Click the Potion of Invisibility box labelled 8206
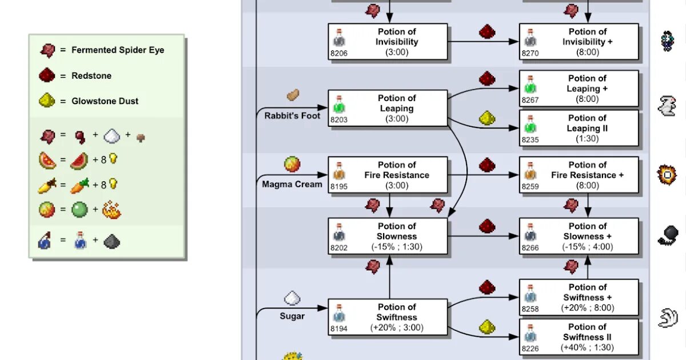coord(388,42)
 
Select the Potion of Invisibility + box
coord(579,42)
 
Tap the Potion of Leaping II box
coord(579,129)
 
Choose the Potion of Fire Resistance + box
coord(579,175)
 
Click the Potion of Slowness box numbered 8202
coord(388,236)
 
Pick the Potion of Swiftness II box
coord(579,337)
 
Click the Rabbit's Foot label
coord(292,115)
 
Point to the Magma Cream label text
coord(292,184)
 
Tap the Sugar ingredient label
coord(292,316)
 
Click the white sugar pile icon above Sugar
coord(292,298)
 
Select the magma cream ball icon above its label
coord(292,165)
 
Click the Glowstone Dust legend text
coord(105,101)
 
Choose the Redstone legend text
coord(91,75)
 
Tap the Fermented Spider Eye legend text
coord(117,50)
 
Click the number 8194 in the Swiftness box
coord(339,329)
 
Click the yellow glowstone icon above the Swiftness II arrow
coord(486,327)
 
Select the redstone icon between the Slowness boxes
coord(486,226)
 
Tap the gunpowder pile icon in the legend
coord(111,242)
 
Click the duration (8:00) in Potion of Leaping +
coord(587,99)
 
